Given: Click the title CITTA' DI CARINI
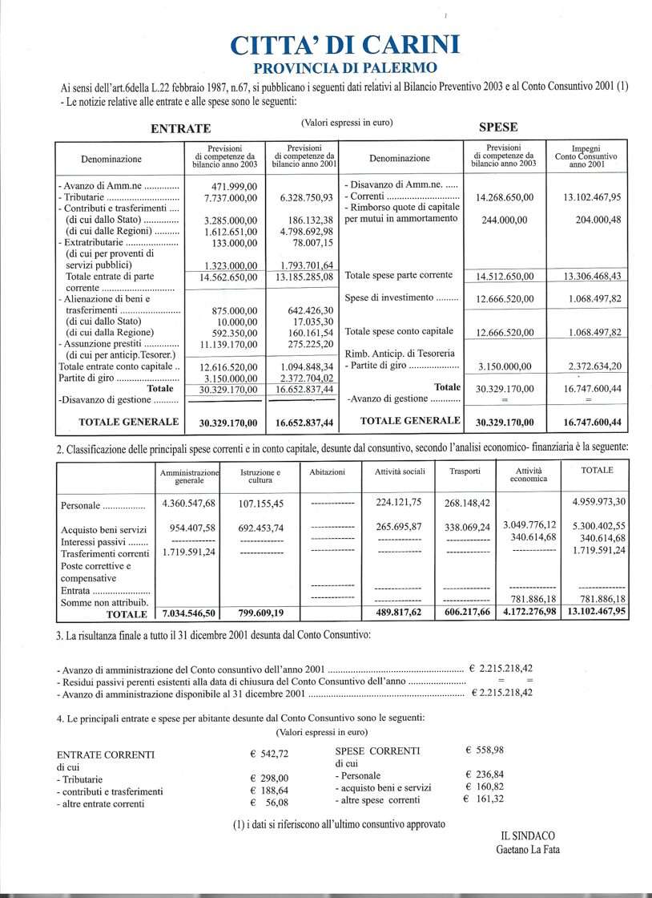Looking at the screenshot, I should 345,45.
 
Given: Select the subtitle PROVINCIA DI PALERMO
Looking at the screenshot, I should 345,68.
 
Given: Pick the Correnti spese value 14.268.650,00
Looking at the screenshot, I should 505,197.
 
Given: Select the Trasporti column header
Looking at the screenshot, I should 466,471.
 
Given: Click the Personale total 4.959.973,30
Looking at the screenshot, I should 597,503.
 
